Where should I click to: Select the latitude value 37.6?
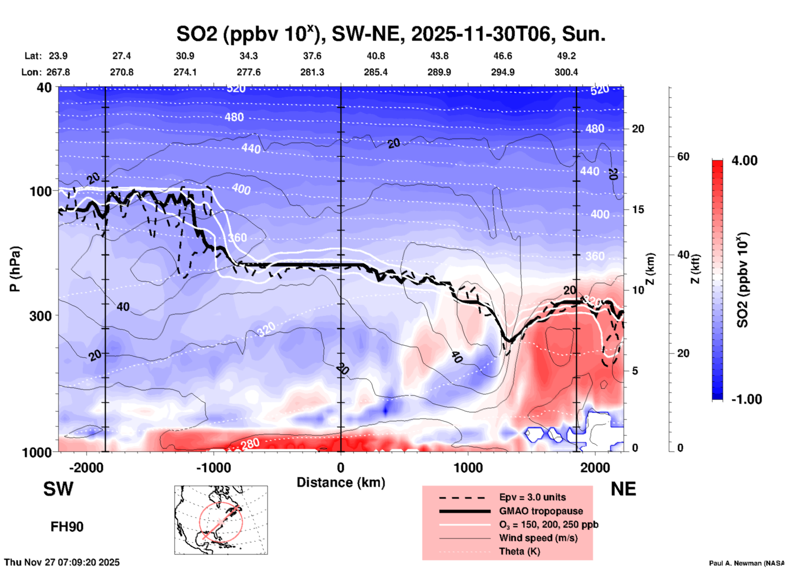click(312, 56)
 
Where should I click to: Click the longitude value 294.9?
click(503, 72)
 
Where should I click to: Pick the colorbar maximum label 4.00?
click(744, 161)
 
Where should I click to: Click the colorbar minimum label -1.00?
click(746, 399)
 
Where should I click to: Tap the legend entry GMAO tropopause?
click(541, 511)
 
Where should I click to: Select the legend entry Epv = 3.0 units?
click(532, 497)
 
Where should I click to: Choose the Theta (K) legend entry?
click(519, 551)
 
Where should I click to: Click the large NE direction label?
click(623, 489)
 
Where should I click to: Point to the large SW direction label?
click(58, 489)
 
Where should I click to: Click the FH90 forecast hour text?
click(67, 527)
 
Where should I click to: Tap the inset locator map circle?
click(221, 522)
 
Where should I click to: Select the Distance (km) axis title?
click(341, 482)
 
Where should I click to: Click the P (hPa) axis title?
click(15, 269)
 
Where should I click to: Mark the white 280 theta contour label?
click(250, 444)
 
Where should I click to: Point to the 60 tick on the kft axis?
click(683, 156)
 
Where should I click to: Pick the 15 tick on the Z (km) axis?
click(637, 209)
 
